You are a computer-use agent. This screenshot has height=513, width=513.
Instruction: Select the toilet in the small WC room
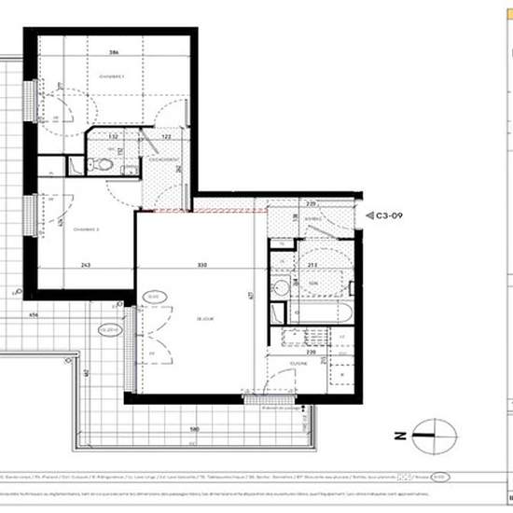(x=104, y=165)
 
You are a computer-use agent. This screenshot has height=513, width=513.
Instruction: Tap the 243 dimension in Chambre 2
(x=86, y=265)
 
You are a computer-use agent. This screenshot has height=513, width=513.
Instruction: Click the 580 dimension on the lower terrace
(x=193, y=430)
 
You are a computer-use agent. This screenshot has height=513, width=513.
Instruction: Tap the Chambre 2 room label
(x=86, y=228)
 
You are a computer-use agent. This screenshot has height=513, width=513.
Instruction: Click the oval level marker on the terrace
(x=109, y=328)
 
